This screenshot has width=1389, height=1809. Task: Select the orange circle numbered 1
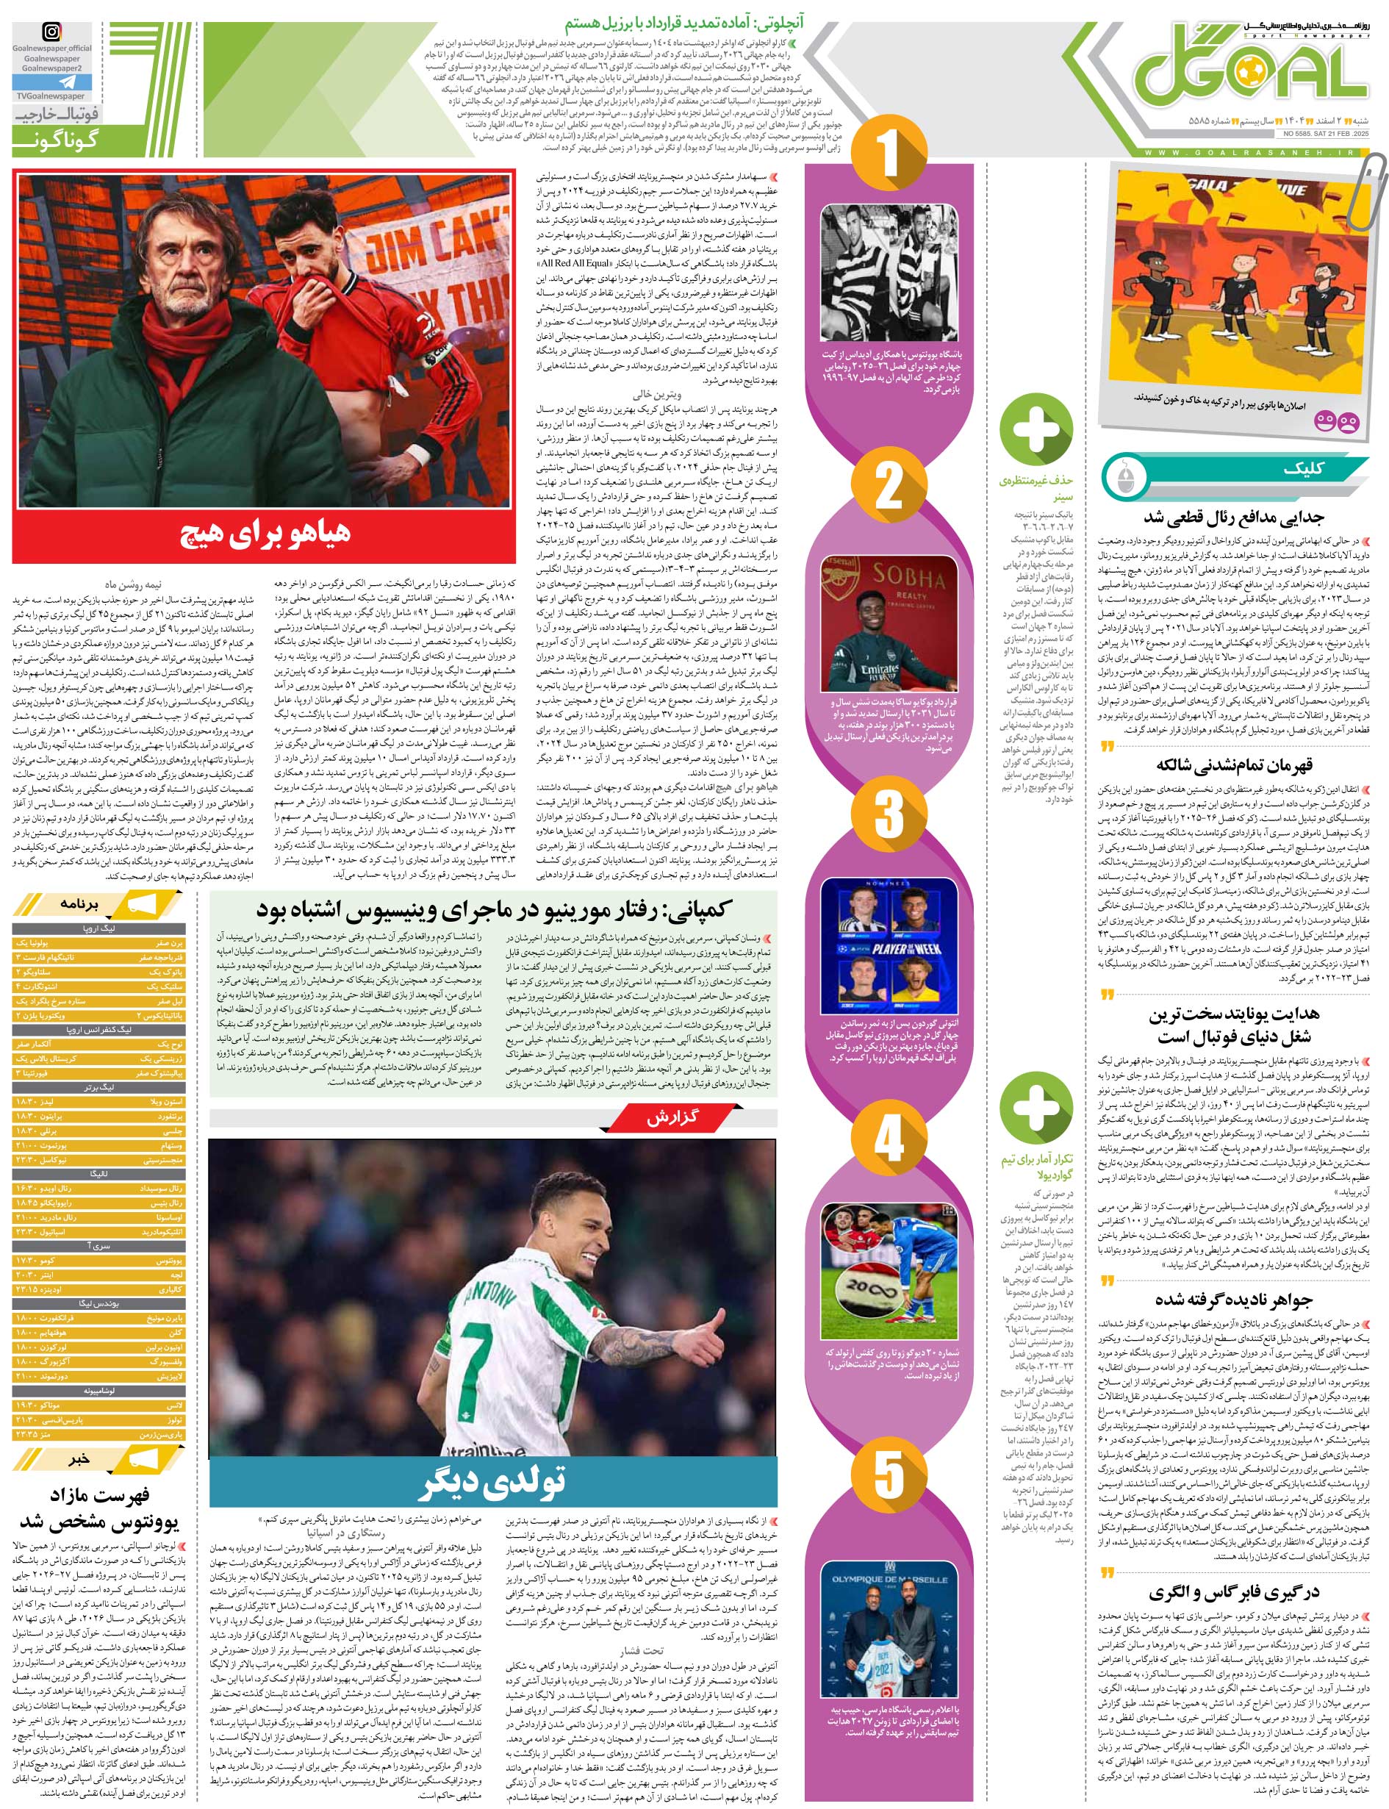pos(888,154)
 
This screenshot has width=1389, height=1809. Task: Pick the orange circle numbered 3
pos(888,814)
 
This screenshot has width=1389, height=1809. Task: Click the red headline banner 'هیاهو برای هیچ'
pos(265,532)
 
